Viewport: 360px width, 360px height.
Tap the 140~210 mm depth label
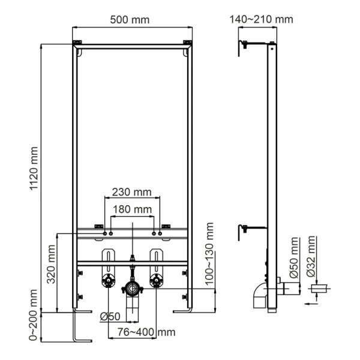[x=261, y=19]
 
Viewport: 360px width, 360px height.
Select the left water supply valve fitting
[x=109, y=280]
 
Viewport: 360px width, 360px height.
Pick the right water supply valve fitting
[x=156, y=280]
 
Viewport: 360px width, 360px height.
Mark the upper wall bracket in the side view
[x=246, y=44]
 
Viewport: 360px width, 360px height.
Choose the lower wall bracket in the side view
[x=246, y=228]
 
